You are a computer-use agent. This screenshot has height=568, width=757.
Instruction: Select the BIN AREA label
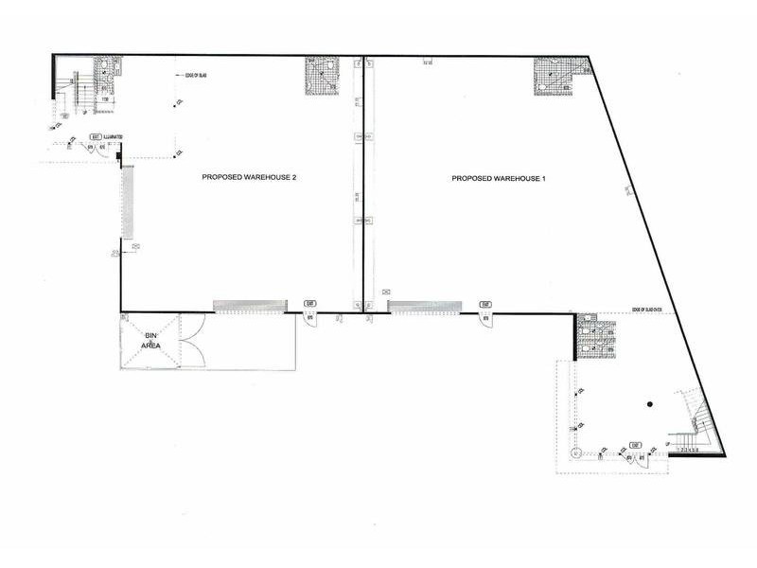coord(150,342)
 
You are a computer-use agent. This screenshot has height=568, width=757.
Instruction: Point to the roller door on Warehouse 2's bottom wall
coord(249,305)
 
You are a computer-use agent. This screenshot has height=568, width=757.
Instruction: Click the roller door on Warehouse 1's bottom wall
coord(424,306)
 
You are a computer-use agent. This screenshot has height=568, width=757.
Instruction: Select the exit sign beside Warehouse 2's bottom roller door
coord(309,303)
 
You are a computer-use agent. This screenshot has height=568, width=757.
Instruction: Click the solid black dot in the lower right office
coord(650,404)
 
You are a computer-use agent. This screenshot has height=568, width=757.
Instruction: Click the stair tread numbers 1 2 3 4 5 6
coord(688,450)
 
